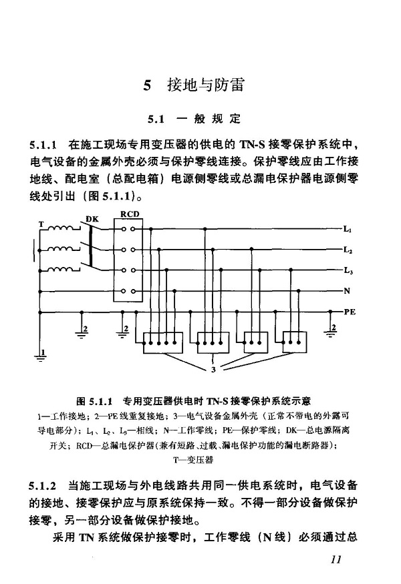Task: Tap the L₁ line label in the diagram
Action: [x=348, y=229]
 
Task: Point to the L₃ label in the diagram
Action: [x=348, y=270]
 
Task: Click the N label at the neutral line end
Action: [x=347, y=291]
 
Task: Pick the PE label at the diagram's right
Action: [x=350, y=311]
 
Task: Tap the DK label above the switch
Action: [x=92, y=218]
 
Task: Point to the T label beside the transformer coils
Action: [x=41, y=223]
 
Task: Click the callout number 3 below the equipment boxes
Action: [x=213, y=369]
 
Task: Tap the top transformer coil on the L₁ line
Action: [x=63, y=228]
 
